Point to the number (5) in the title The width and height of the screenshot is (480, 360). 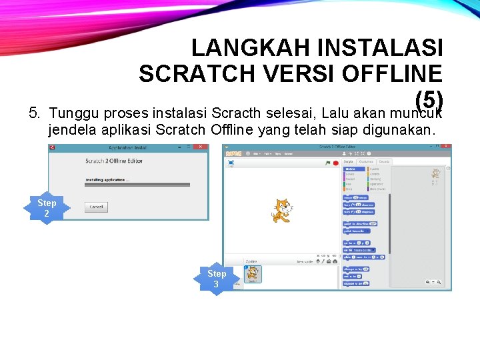[429, 100]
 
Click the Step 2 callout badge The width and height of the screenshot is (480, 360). [47, 208]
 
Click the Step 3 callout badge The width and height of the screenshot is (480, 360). [217, 279]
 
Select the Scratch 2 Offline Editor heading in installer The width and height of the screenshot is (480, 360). [114, 161]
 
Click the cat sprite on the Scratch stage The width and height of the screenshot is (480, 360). [282, 211]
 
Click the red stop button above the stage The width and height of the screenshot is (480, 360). [335, 162]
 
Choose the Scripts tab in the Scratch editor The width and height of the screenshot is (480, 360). [349, 161]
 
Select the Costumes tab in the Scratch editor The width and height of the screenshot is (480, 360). [366, 161]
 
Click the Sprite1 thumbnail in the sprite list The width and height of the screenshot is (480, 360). [254, 274]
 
